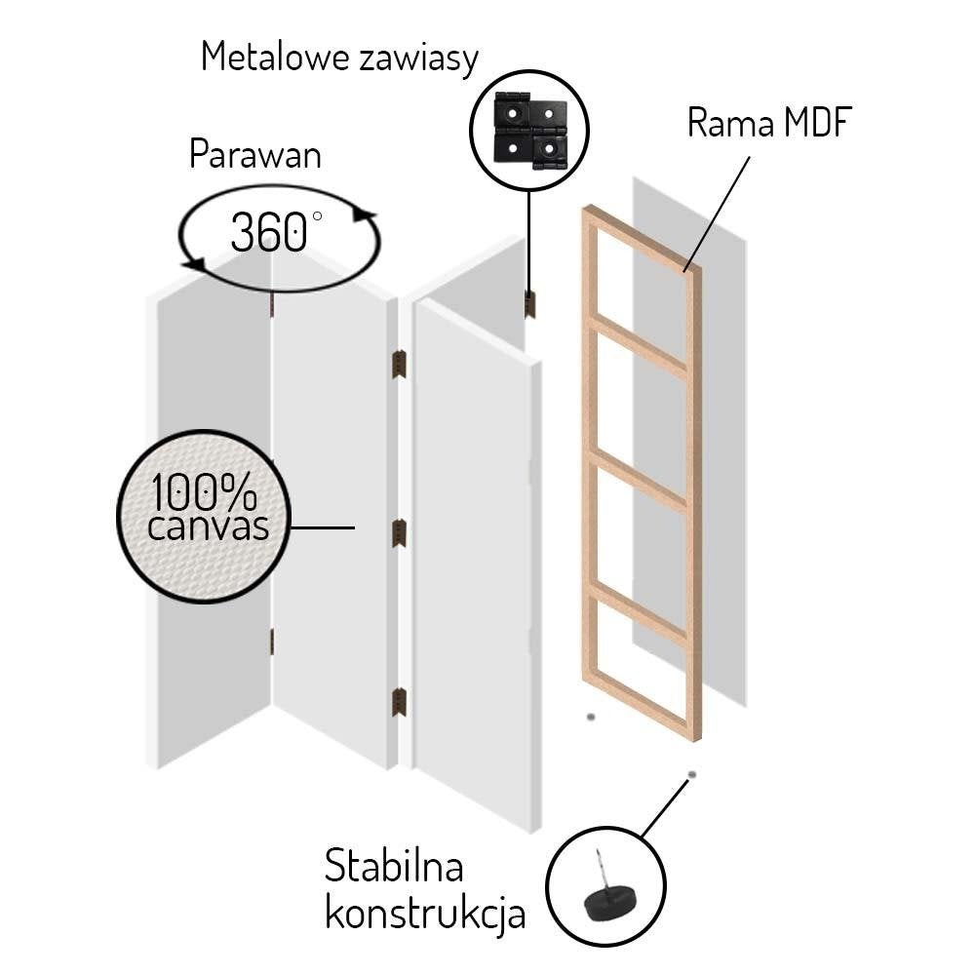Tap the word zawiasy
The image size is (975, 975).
coord(419,59)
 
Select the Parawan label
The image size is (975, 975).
coord(254,154)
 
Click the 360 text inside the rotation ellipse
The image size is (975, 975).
coord(269,232)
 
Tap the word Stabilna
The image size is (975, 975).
coord(394,865)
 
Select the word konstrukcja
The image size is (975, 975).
coord(425,914)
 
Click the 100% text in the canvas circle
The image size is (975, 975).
coord(204,491)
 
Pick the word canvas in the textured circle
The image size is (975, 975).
coord(209,526)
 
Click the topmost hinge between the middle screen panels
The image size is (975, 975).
coord(399,365)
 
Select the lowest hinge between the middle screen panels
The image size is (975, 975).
coord(399,703)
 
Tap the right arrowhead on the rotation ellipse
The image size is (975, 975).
coord(364,214)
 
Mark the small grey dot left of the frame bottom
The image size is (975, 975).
coord(591,717)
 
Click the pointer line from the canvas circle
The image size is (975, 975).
coord(323,527)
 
